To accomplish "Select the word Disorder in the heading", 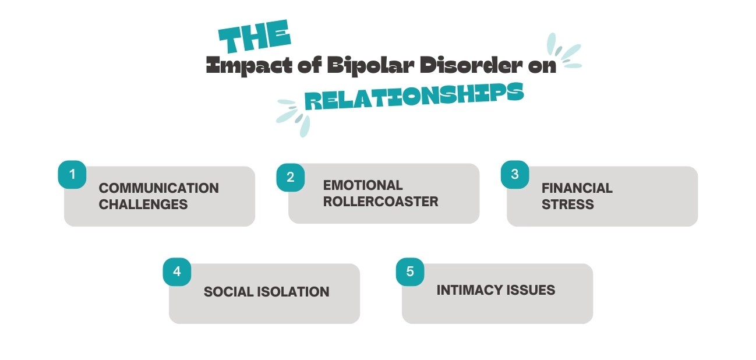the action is pyautogui.click(x=465, y=66).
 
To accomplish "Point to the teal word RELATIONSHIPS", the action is pyautogui.click(x=414, y=96).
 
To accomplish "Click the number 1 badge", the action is pyautogui.click(x=72, y=174).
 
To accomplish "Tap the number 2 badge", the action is pyautogui.click(x=291, y=177).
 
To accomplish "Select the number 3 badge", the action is pyautogui.click(x=515, y=174).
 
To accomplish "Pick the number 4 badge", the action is pyautogui.click(x=177, y=271).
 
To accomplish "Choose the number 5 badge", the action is pyautogui.click(x=410, y=271).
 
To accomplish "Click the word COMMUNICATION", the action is pyautogui.click(x=158, y=188).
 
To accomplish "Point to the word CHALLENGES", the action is pyautogui.click(x=143, y=204).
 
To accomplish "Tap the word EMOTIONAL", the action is pyautogui.click(x=363, y=185).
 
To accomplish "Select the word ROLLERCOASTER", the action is pyautogui.click(x=380, y=202).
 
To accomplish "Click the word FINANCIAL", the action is pyautogui.click(x=577, y=188).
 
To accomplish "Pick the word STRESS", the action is pyautogui.click(x=559, y=204).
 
